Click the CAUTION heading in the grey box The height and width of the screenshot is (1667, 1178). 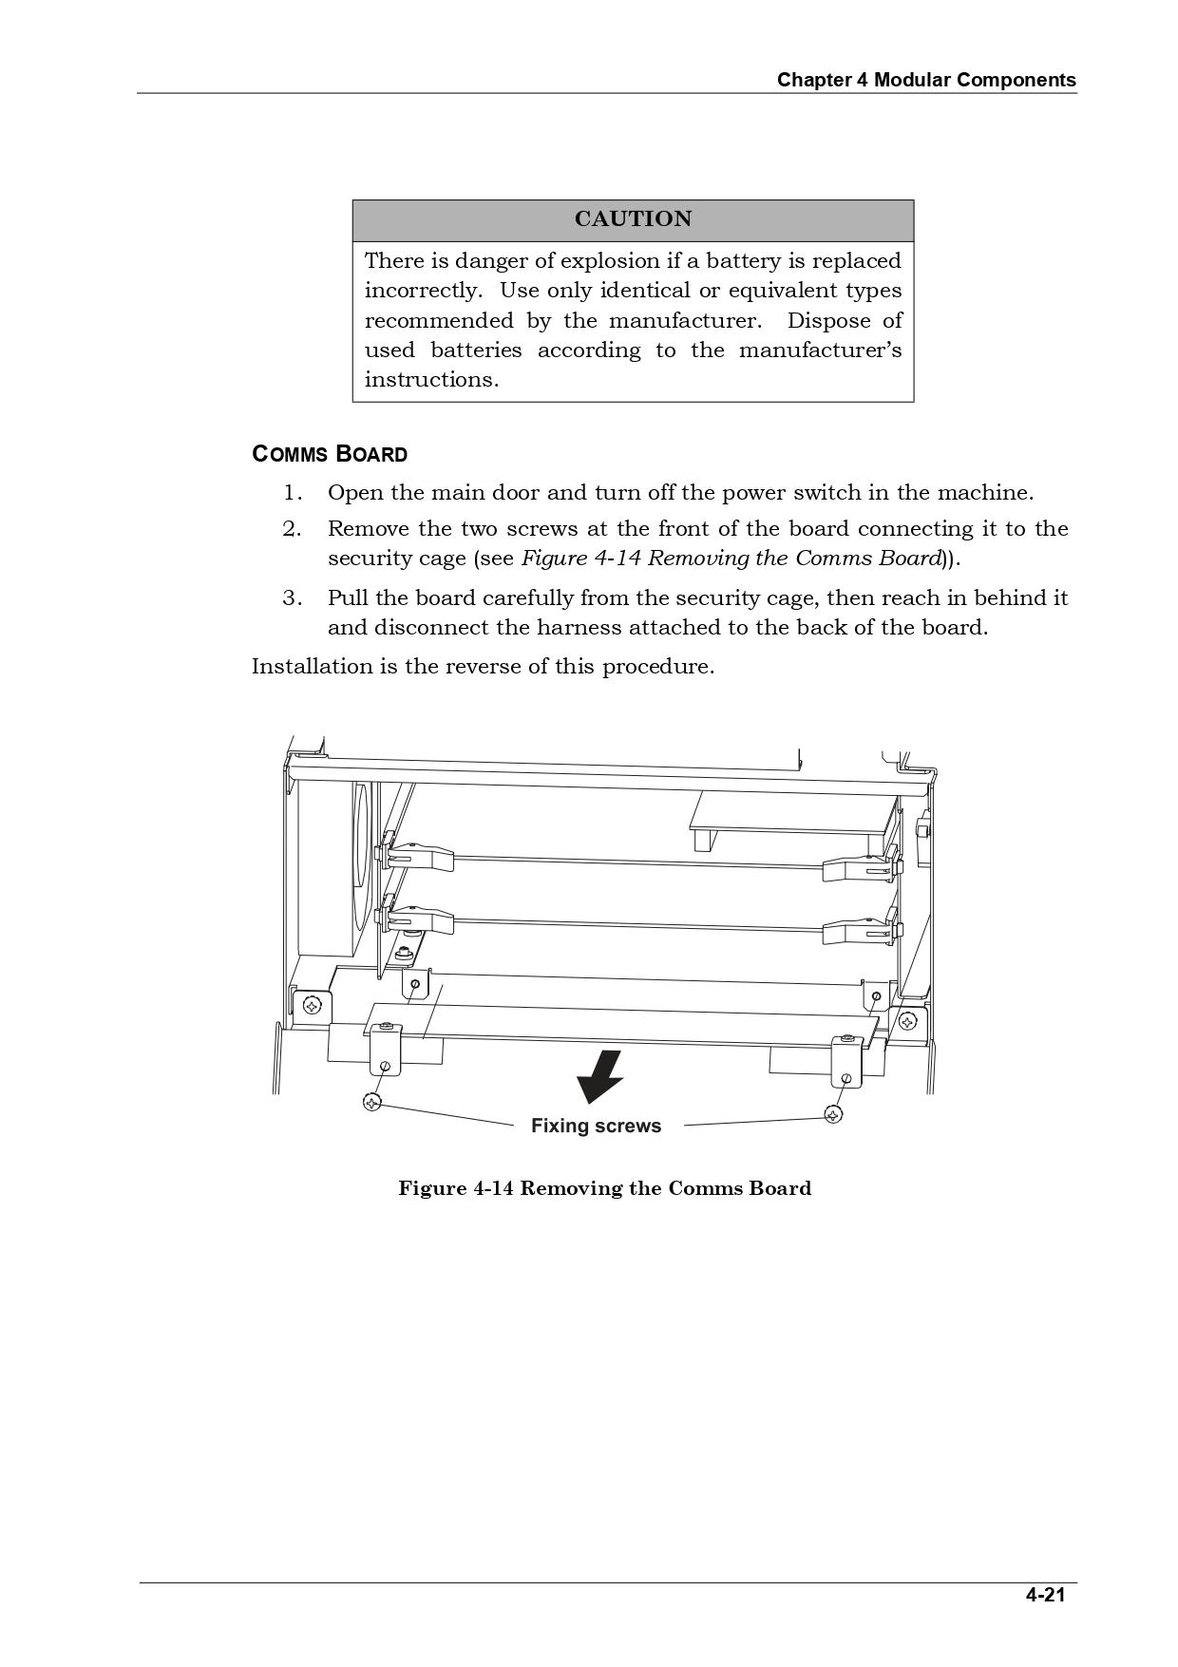(633, 219)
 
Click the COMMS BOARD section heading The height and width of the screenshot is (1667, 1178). (330, 454)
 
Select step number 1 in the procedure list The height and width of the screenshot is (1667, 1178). (293, 493)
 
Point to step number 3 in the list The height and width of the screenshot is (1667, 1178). (293, 598)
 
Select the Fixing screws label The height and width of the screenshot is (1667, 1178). (596, 1127)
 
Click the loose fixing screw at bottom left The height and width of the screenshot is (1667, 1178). (372, 1102)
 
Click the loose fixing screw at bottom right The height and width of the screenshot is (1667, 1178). (833, 1113)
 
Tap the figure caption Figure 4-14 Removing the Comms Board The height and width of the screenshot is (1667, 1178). (604, 1189)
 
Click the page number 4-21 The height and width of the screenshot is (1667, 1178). (1045, 1595)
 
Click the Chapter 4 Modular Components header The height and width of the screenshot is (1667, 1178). (926, 80)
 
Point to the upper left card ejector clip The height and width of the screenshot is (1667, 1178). (418, 856)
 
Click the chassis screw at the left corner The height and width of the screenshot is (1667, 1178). (312, 1005)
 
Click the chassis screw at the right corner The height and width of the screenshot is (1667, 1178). (907, 1022)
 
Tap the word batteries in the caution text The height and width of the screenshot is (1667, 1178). (476, 350)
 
